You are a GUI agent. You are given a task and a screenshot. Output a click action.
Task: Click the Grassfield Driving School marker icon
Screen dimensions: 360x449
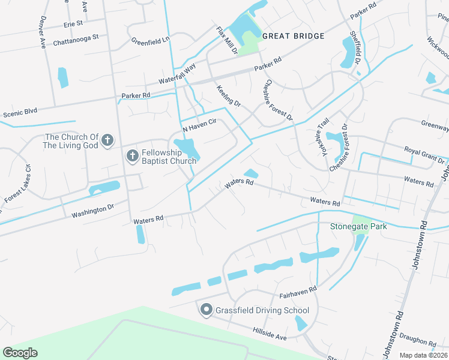[206, 310]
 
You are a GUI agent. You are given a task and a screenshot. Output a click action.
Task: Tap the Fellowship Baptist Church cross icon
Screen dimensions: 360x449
[133, 156]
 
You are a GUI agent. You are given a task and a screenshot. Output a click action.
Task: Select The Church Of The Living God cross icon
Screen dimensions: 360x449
[107, 141]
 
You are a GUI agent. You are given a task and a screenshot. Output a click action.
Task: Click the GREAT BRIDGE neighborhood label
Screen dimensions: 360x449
[294, 36]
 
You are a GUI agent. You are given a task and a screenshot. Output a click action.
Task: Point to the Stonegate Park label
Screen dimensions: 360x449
[358, 226]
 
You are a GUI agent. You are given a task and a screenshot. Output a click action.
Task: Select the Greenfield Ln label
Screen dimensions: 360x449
[151, 41]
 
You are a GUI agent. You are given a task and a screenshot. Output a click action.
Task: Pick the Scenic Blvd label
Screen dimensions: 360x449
[20, 112]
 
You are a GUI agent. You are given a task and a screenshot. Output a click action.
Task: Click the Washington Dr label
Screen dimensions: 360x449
[92, 211]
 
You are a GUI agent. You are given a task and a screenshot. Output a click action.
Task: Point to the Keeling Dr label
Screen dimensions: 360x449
[229, 96]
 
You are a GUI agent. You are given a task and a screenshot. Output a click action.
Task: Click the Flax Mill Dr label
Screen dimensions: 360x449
[227, 41]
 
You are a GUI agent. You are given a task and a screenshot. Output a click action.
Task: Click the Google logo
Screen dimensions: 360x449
[20, 352]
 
